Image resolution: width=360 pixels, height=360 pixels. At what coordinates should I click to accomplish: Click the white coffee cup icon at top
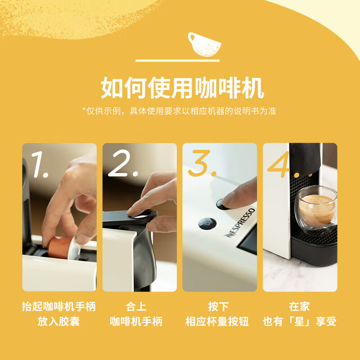point(204,44)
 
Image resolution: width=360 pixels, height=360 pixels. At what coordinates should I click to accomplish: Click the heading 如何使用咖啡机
point(182,87)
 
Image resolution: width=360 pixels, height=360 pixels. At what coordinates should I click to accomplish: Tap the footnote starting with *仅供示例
point(179,111)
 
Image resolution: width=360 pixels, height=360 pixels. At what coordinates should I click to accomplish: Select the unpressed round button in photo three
point(206,224)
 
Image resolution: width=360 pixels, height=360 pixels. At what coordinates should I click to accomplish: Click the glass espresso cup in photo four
point(317,209)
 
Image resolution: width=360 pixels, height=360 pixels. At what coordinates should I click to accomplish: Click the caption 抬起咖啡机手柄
point(59,307)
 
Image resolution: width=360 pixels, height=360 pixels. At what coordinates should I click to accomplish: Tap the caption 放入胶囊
point(59,322)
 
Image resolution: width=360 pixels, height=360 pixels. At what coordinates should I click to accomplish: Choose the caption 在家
point(299,307)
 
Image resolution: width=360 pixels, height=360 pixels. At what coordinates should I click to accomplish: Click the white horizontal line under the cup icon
point(177,60)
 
